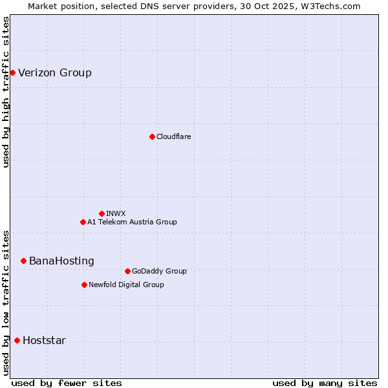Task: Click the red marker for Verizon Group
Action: pyautogui.click(x=12, y=72)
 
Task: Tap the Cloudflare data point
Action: pyautogui.click(x=152, y=136)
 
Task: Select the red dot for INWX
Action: pyautogui.click(x=102, y=213)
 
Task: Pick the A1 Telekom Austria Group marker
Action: pyautogui.click(x=83, y=222)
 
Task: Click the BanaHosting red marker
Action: pyautogui.click(x=23, y=261)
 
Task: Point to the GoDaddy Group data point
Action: pyautogui.click(x=127, y=271)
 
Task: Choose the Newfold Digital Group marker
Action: pyautogui.click(x=84, y=285)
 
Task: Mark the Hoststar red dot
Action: pyautogui.click(x=17, y=340)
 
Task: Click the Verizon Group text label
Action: pyautogui.click(x=55, y=72)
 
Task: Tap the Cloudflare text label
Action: pyautogui.click(x=173, y=136)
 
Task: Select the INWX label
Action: pyautogui.click(x=116, y=213)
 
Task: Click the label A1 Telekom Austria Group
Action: pyautogui.click(x=132, y=222)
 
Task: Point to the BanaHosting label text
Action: pyautogui.click(x=61, y=261)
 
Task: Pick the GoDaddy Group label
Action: pyautogui.click(x=159, y=271)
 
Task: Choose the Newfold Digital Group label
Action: pyautogui.click(x=126, y=285)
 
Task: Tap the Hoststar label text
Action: pyautogui.click(x=44, y=340)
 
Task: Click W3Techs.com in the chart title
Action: pyautogui.click(x=333, y=6)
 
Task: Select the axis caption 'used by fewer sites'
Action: pyautogui.click(x=67, y=383)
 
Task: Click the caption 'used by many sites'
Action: pyautogui.click(x=325, y=383)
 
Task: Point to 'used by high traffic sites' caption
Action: pyautogui.click(x=6, y=92)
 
